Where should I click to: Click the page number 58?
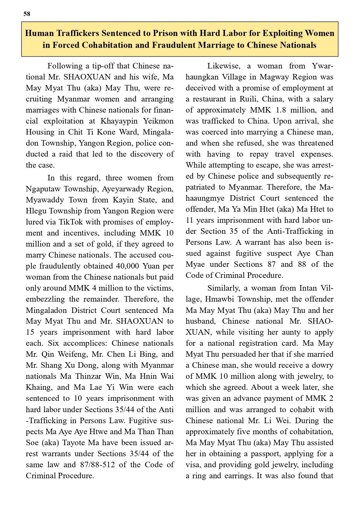(x=27, y=14)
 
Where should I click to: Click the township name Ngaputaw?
(x=44, y=189)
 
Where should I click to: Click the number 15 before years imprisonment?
(x=30, y=332)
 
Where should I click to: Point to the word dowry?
(x=322, y=365)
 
